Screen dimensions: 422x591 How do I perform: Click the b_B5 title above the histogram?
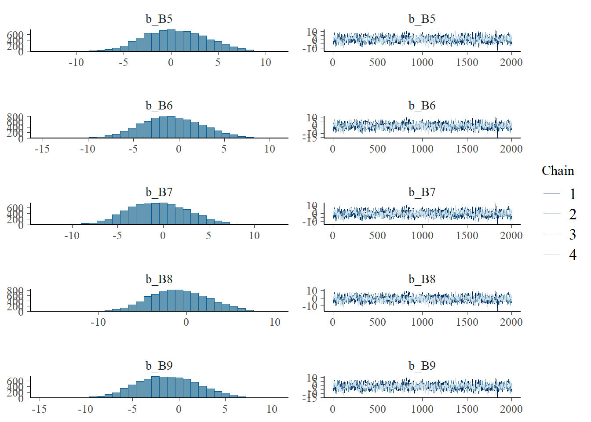click(159, 19)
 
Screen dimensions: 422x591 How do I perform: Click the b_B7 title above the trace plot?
click(422, 192)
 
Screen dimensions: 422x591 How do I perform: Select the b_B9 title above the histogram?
click(159, 366)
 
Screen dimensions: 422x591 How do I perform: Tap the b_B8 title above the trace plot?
click(422, 279)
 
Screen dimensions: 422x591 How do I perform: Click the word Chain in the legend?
click(558, 171)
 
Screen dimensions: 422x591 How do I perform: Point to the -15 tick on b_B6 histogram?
click(42, 149)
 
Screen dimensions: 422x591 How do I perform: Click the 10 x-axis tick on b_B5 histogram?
click(266, 62)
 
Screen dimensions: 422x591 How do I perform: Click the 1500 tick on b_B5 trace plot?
click(467, 62)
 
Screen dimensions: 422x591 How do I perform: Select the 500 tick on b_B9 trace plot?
click(377, 409)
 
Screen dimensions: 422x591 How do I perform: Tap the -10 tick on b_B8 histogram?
click(98, 322)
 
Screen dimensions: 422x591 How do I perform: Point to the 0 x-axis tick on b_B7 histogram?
click(163, 236)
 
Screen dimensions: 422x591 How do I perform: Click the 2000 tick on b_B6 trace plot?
click(511, 149)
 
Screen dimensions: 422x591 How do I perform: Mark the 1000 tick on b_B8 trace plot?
click(422, 322)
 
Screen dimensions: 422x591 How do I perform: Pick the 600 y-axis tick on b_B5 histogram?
click(15, 35)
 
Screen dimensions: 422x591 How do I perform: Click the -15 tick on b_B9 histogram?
click(39, 409)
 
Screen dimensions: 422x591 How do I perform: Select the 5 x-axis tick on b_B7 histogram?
click(208, 236)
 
